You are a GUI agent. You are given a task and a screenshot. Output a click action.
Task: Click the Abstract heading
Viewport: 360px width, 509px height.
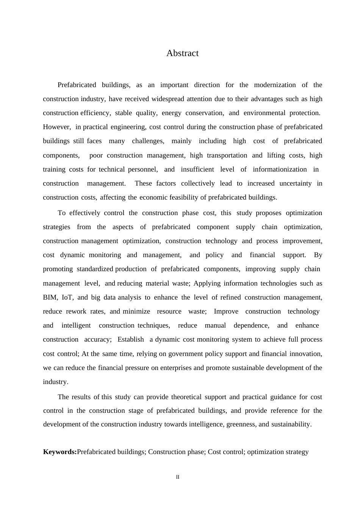182,53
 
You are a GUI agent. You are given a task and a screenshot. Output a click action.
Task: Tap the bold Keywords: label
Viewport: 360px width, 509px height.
60,452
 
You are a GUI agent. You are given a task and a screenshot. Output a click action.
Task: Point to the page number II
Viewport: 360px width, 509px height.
178,477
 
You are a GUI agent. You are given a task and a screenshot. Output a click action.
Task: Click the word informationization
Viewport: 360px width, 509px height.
280,169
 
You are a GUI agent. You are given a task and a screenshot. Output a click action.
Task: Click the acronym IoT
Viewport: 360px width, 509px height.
67,297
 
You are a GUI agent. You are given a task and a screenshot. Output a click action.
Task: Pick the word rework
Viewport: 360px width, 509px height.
76,311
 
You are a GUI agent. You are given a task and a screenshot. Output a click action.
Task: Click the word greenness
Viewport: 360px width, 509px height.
241,424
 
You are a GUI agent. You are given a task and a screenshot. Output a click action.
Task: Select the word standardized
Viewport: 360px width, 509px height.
95,269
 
